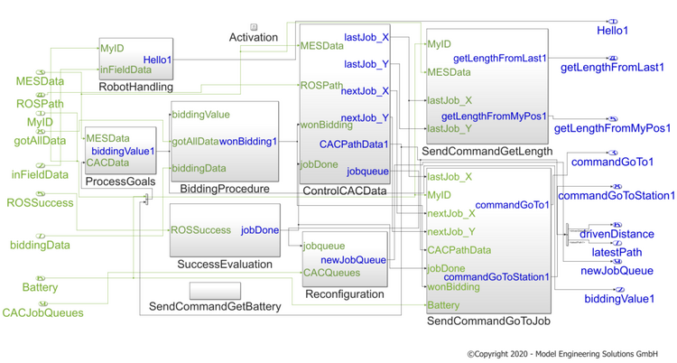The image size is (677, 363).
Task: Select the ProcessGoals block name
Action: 118,182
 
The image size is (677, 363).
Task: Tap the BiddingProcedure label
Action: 224,189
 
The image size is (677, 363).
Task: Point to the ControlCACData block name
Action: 344,191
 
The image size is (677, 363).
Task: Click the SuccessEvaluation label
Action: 225,264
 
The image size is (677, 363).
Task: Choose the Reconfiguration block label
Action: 344,293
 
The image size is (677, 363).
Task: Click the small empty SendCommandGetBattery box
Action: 215,291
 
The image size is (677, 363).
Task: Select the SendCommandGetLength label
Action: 487,151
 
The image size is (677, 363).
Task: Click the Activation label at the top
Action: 254,38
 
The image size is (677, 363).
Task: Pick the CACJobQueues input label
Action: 42,313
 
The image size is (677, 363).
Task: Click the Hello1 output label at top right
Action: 613,31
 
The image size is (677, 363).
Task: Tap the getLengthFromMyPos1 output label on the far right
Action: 612,129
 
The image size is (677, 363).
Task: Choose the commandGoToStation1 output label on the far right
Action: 617,195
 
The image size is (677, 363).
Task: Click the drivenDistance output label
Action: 617,234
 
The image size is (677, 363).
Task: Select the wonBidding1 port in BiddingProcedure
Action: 249,141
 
